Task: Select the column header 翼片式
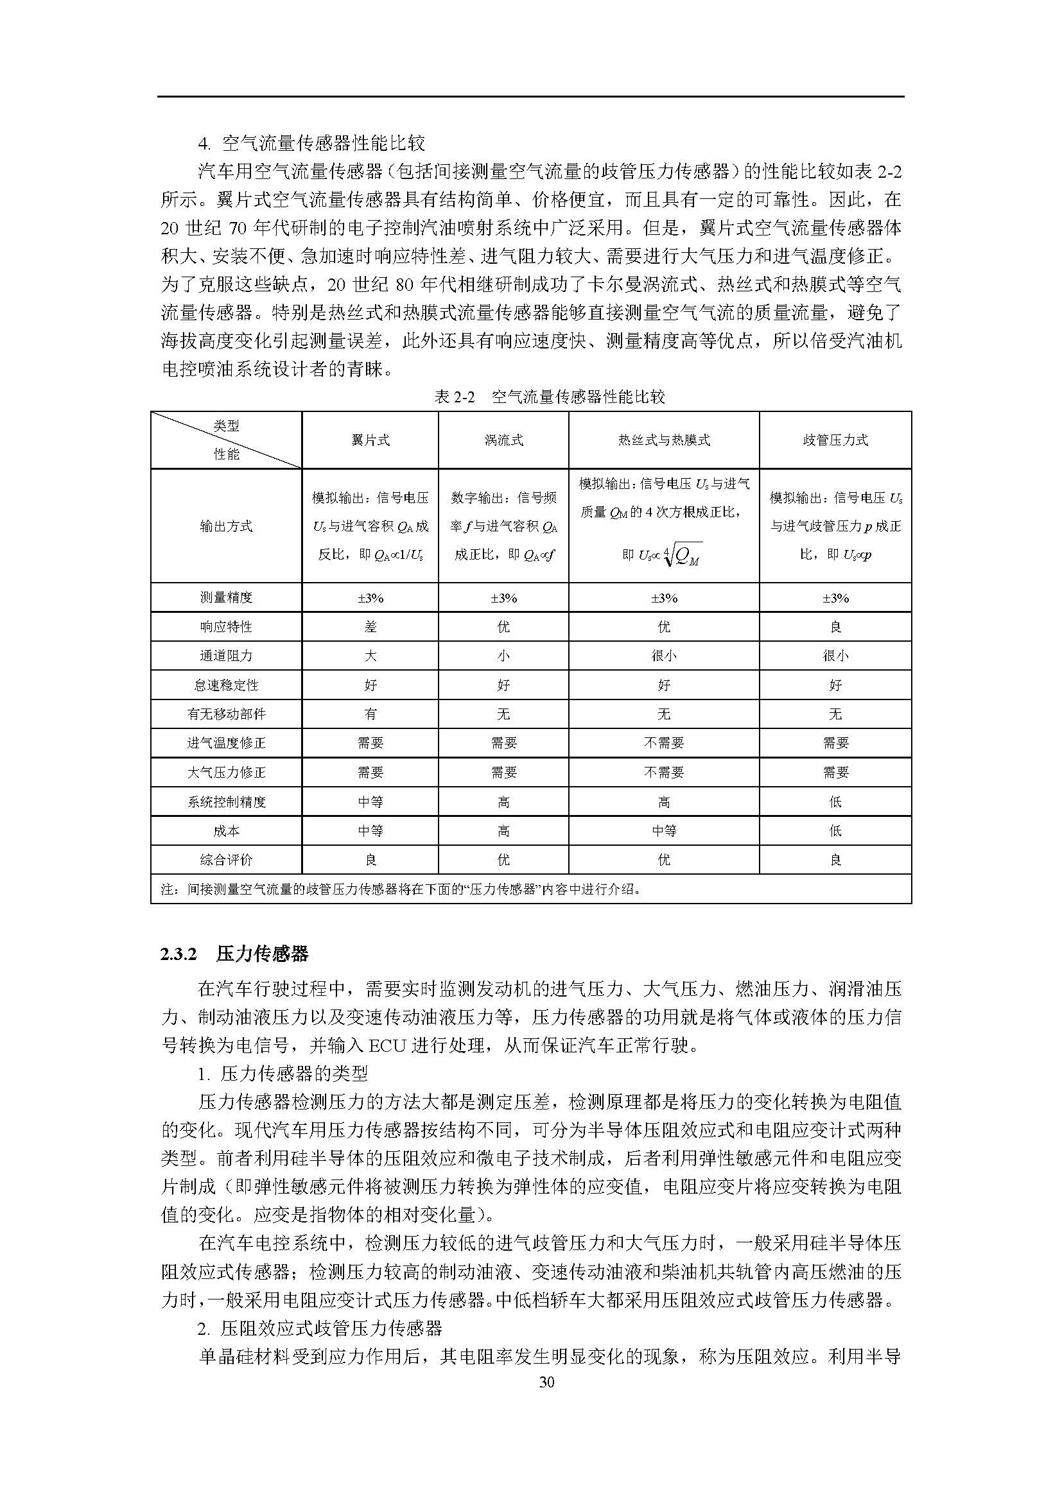coord(370,440)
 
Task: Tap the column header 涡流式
coord(503,440)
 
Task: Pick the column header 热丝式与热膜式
coord(664,440)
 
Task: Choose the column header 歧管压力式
coord(835,440)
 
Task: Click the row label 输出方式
coord(226,526)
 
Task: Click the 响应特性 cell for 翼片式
coord(370,626)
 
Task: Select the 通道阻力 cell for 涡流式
coord(503,656)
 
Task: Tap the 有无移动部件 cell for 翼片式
coord(370,714)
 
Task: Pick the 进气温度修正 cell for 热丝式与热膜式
coord(664,742)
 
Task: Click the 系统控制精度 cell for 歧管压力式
coord(835,802)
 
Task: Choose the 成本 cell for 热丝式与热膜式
coord(664,831)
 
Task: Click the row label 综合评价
coord(226,860)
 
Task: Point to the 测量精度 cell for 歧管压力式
coord(835,597)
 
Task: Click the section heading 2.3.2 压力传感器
coord(234,954)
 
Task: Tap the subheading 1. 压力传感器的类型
coord(283,1073)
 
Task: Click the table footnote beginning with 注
coord(400,889)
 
